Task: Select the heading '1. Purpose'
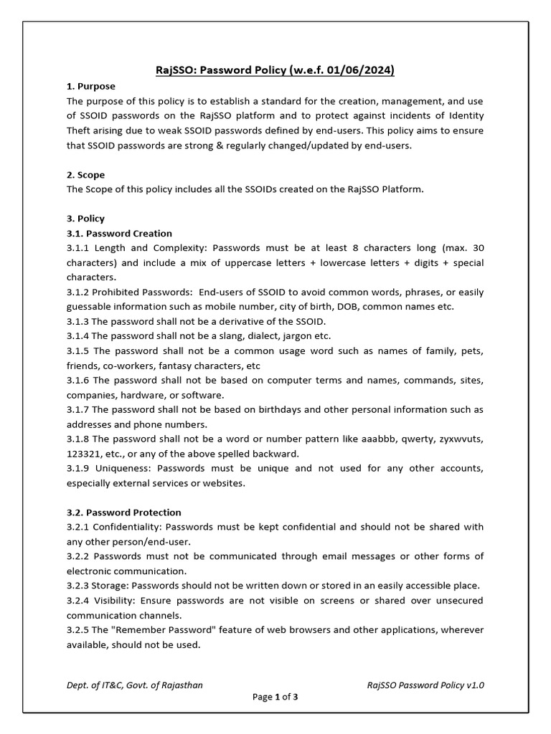click(90, 86)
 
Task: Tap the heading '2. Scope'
click(85, 174)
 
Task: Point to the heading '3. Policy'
click(85, 219)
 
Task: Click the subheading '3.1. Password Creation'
click(119, 233)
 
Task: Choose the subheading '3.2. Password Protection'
click(123, 513)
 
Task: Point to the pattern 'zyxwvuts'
click(463, 439)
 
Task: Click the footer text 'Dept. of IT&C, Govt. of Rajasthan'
click(135, 685)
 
